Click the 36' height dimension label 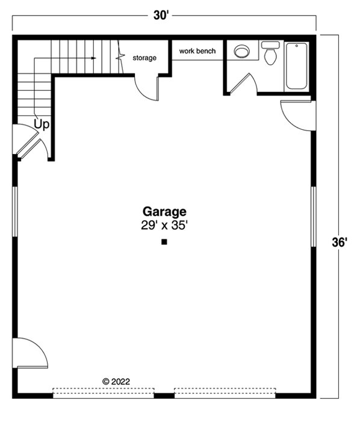(x=340, y=242)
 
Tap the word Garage (x=164, y=212)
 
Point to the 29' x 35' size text (x=164, y=226)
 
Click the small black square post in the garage (x=164, y=242)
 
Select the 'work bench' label (x=197, y=51)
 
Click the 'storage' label (x=144, y=58)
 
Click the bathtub (x=296, y=66)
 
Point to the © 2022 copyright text (x=116, y=381)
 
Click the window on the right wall (x=313, y=216)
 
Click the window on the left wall (x=16, y=210)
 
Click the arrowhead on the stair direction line (x=93, y=58)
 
